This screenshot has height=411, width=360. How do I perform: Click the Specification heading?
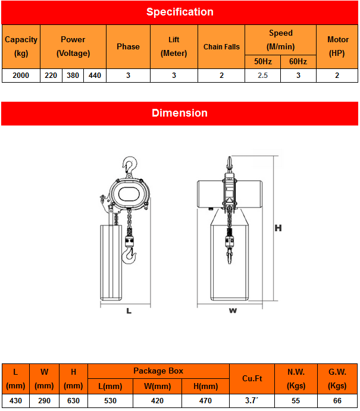click(x=180, y=12)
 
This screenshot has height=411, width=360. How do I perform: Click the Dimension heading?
click(x=180, y=113)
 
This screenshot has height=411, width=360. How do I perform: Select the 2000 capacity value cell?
click(x=21, y=76)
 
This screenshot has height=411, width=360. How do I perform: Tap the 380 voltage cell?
click(x=73, y=76)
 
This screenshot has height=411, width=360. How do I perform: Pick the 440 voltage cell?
click(x=95, y=76)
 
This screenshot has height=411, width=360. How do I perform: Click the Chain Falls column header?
click(x=221, y=46)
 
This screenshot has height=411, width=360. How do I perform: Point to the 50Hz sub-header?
click(x=262, y=61)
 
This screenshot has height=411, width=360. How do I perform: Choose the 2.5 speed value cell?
click(x=262, y=76)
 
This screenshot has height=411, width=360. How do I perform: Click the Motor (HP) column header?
click(x=337, y=46)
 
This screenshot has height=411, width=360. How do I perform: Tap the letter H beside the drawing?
click(x=277, y=228)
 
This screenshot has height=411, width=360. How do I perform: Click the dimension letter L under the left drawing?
click(x=129, y=310)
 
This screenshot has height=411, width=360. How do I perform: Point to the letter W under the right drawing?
click(x=233, y=310)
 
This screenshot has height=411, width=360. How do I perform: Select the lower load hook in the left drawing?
click(x=129, y=256)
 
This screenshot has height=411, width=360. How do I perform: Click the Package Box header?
click(x=158, y=371)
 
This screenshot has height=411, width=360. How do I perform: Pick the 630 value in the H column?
click(x=73, y=401)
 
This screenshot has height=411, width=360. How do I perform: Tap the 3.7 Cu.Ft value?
click(x=252, y=401)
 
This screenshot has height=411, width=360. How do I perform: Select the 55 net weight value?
click(x=296, y=401)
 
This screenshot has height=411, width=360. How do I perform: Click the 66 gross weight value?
click(x=337, y=401)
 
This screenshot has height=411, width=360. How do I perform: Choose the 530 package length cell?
click(x=110, y=401)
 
